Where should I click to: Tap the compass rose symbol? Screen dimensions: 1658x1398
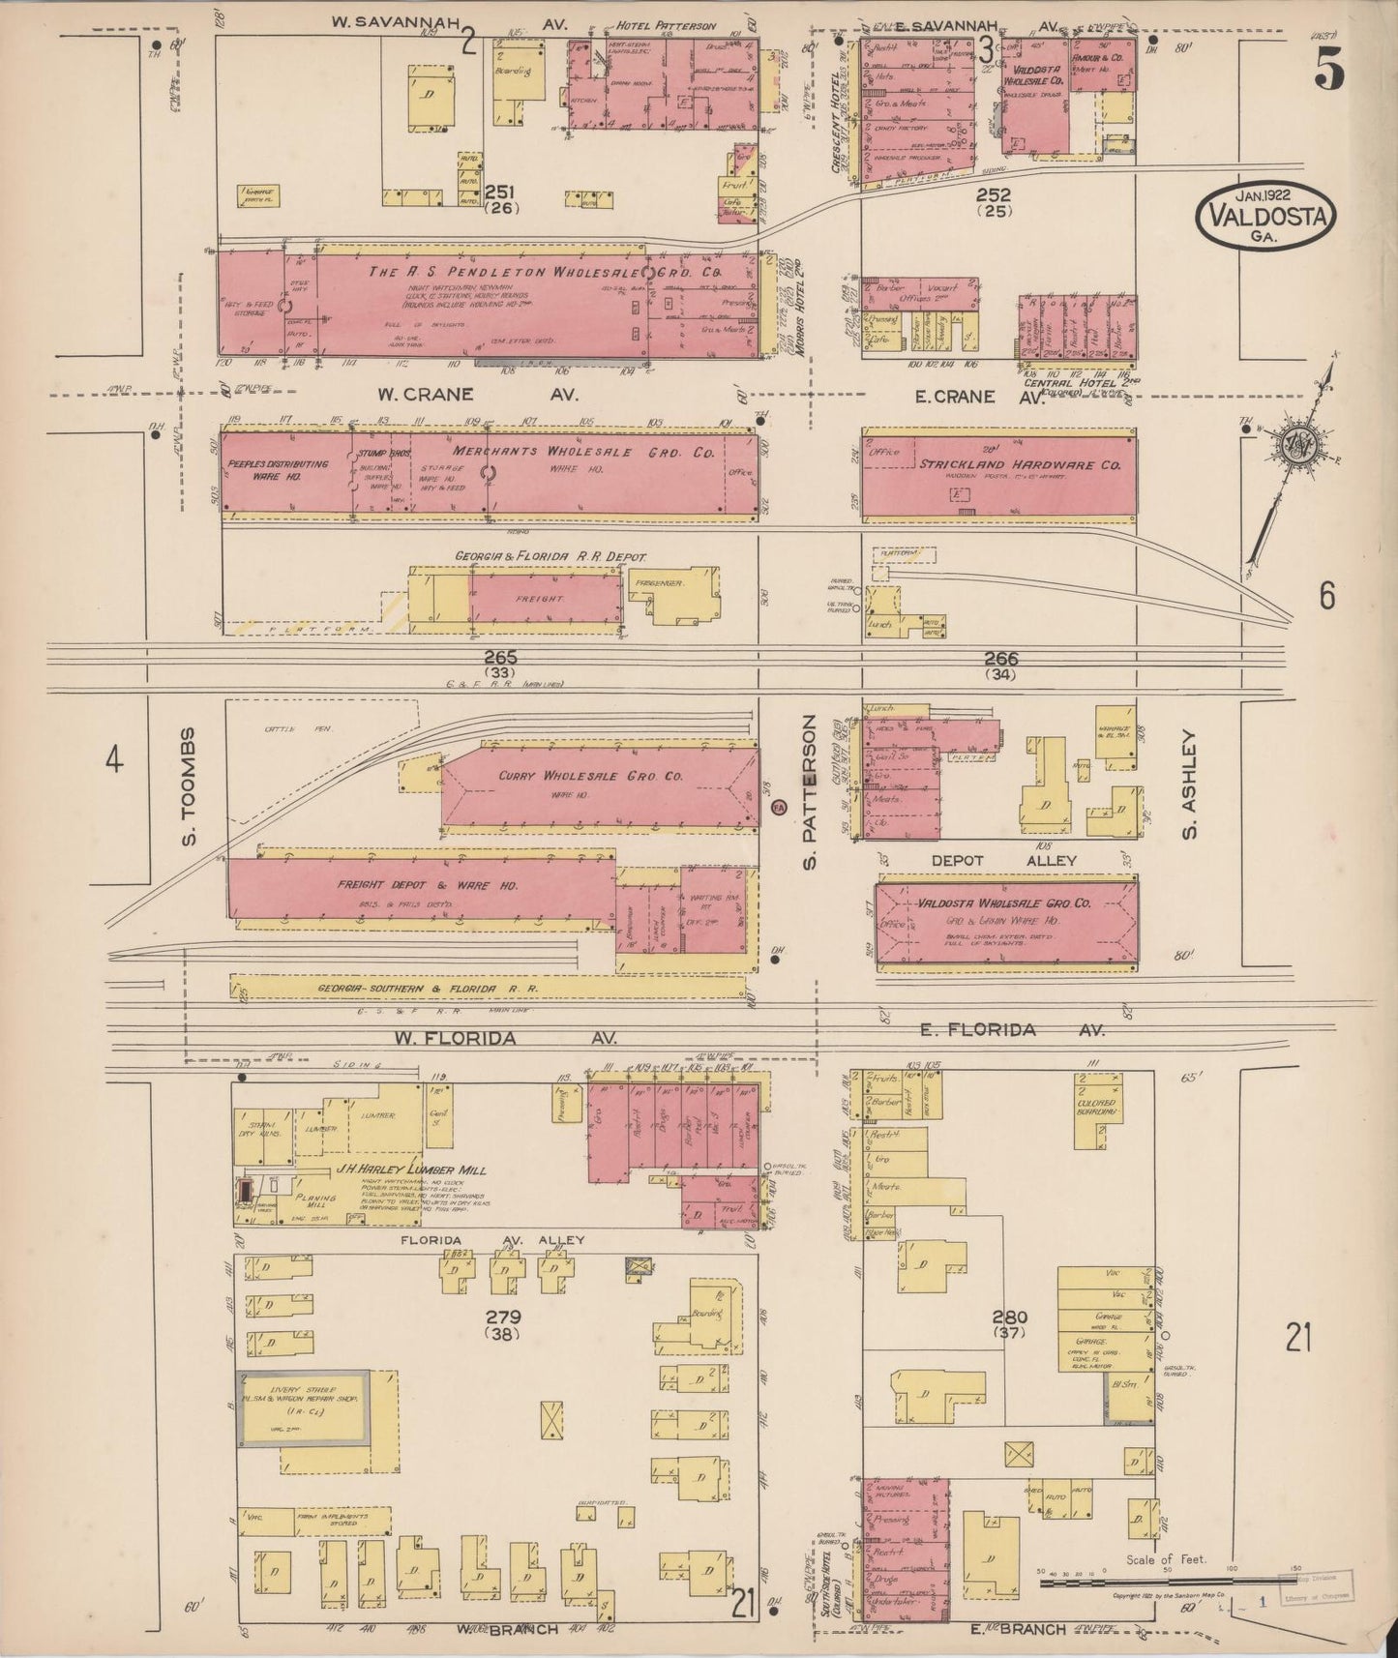[1294, 444]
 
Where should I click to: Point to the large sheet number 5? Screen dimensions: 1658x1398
[1328, 68]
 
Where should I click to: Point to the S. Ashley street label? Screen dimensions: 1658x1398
[1191, 784]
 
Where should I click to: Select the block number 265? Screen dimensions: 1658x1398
[501, 657]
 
